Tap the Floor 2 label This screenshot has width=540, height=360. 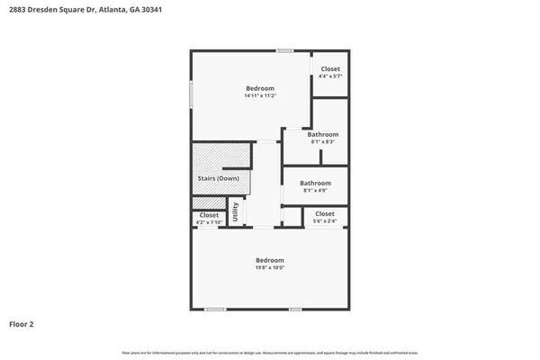(x=22, y=323)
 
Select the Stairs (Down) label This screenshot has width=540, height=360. (x=218, y=178)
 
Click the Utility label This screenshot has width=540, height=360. (x=236, y=211)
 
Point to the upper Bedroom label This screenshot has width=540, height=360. (x=259, y=88)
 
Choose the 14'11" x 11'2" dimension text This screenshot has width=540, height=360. (x=259, y=95)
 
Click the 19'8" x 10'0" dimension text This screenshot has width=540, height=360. (x=269, y=266)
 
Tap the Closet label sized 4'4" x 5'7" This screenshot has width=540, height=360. (x=330, y=69)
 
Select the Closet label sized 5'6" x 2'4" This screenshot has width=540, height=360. (x=324, y=213)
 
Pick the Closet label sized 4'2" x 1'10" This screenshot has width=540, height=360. (x=209, y=215)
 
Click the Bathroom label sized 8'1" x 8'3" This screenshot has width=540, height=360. (x=322, y=134)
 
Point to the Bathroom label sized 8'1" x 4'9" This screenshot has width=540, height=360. (x=315, y=184)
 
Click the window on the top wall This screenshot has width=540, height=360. (x=284, y=50)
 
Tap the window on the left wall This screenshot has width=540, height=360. (x=191, y=95)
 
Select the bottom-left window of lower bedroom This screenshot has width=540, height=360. (x=214, y=310)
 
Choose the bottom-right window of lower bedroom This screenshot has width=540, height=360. (x=294, y=310)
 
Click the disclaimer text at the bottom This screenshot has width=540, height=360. (x=270, y=351)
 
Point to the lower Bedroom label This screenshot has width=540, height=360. (x=269, y=259)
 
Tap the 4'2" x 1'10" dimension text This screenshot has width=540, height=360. (x=209, y=221)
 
